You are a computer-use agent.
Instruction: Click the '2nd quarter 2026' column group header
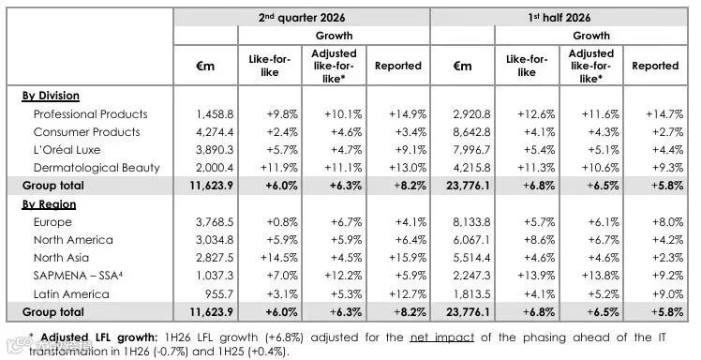(302, 18)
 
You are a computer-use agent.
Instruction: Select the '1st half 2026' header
(559, 18)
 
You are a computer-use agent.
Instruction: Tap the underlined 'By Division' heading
(51, 96)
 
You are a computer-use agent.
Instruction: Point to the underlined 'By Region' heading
(49, 204)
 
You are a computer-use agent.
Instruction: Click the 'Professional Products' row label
(90, 114)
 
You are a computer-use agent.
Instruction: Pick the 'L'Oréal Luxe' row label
(67, 150)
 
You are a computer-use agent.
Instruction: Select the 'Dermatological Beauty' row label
(97, 168)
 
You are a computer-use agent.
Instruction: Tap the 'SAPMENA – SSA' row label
(78, 276)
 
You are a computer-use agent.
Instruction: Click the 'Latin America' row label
(71, 293)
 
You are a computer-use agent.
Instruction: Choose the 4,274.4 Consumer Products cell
(215, 132)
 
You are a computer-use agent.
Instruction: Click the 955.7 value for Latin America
(220, 293)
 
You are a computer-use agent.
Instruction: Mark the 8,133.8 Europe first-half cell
(471, 222)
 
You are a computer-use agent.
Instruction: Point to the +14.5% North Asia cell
(279, 258)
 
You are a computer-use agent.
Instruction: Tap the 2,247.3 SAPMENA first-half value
(471, 276)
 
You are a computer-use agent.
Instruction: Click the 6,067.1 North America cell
(471, 240)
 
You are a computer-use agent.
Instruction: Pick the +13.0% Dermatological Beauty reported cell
(408, 168)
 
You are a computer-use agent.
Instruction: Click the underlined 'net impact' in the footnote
(442, 337)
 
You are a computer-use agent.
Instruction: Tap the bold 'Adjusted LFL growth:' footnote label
(99, 337)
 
